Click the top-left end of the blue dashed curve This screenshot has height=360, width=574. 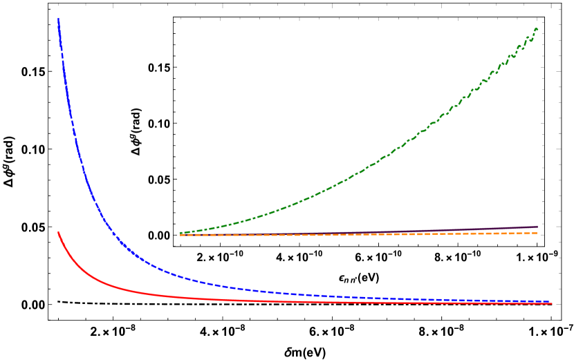(58, 19)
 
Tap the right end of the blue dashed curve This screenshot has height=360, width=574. (549, 301)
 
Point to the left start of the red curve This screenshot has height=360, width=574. (58, 232)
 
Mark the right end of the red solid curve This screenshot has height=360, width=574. (552, 304)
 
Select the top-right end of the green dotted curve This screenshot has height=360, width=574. (537, 28)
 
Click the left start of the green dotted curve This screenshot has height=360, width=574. (180, 233)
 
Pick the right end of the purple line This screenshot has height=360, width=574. (537, 226)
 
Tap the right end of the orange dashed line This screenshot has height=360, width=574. (537, 233)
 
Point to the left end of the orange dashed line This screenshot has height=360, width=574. (180, 235)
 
